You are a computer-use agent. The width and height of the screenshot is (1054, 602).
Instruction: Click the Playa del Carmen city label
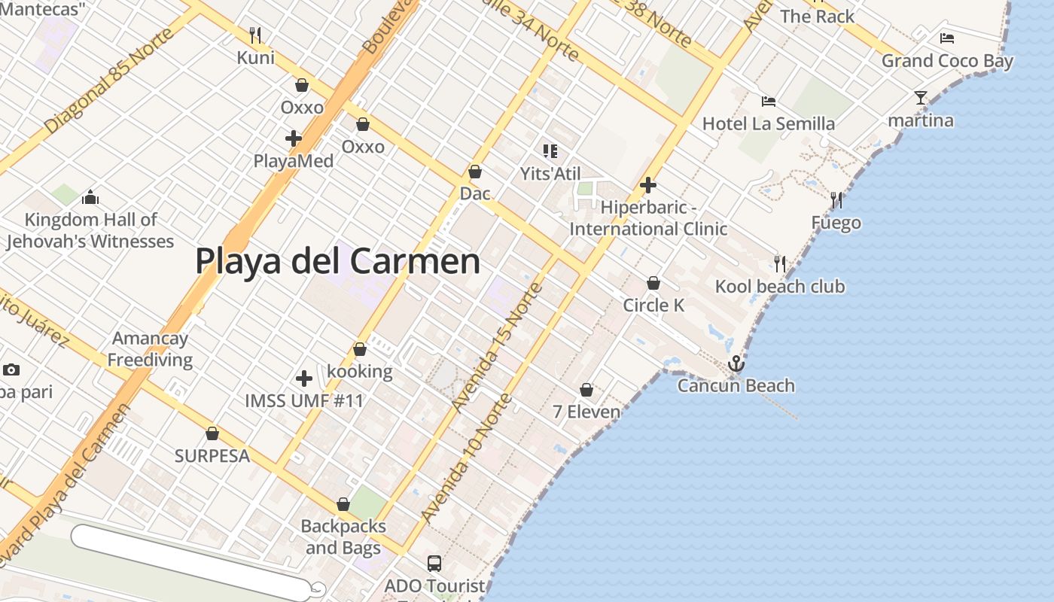pyautogui.click(x=337, y=261)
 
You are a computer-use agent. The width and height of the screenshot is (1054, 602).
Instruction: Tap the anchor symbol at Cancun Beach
pyautogui.click(x=736, y=364)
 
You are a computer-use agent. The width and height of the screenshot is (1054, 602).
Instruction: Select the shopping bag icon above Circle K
pyautogui.click(x=653, y=283)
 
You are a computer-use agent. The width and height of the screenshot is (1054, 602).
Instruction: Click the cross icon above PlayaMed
pyautogui.click(x=294, y=138)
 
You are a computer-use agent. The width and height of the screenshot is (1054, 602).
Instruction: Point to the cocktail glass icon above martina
pyautogui.click(x=920, y=98)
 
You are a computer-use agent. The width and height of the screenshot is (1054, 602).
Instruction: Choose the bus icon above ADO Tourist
pyautogui.click(x=434, y=563)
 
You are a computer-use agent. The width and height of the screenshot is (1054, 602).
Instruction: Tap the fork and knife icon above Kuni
pyautogui.click(x=255, y=35)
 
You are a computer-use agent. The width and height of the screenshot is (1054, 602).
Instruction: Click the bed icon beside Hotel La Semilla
pyautogui.click(x=768, y=102)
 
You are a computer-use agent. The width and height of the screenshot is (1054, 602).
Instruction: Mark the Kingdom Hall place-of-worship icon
pyautogui.click(x=90, y=198)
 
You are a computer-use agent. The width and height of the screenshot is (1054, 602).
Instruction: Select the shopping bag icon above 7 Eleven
pyautogui.click(x=586, y=390)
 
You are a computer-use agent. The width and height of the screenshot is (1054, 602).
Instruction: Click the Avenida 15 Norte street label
pyautogui.click(x=498, y=347)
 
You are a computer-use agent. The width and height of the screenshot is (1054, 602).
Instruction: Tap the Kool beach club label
pyautogui.click(x=780, y=287)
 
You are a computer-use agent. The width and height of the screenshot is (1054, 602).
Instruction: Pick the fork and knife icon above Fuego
pyautogui.click(x=836, y=200)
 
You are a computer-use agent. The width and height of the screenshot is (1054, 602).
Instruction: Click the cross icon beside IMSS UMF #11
pyautogui.click(x=304, y=378)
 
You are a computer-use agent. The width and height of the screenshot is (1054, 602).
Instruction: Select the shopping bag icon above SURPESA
pyautogui.click(x=212, y=433)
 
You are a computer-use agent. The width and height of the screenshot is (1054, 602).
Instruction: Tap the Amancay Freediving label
pyautogui.click(x=150, y=349)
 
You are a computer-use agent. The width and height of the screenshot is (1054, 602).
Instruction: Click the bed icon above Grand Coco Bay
pyautogui.click(x=946, y=38)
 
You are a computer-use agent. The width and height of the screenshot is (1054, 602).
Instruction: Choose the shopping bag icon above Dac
pyautogui.click(x=475, y=172)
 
